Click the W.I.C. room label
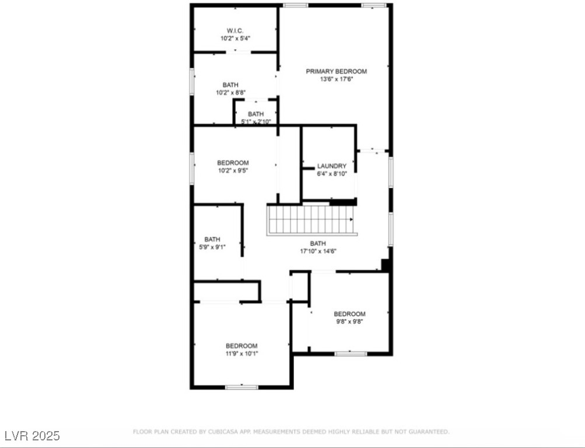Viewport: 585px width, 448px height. click(235, 30)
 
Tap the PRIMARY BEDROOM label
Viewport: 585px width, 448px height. click(337, 71)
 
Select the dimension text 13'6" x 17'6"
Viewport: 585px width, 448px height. click(337, 79)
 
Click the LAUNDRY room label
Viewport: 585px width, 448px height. click(331, 166)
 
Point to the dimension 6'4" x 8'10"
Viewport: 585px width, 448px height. click(331, 174)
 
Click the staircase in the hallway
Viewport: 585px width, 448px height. click(310, 220)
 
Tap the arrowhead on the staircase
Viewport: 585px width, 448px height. click(352, 220)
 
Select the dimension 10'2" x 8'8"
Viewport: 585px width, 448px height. click(230, 93)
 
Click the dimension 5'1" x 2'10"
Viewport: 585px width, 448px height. click(255, 122)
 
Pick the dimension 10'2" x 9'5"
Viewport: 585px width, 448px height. click(233, 171)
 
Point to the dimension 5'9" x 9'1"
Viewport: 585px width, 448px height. click(212, 247)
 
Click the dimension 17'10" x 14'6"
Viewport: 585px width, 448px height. click(318, 251)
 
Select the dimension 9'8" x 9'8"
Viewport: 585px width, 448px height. click(349, 322)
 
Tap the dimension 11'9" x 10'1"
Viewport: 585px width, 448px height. click(241, 353)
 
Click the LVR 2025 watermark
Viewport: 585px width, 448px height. click(32, 436)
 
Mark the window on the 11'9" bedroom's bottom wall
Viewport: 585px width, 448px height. click(241, 386)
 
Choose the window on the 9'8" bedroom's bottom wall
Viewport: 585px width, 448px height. click(351, 353)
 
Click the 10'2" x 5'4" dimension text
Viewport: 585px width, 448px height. click(235, 38)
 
